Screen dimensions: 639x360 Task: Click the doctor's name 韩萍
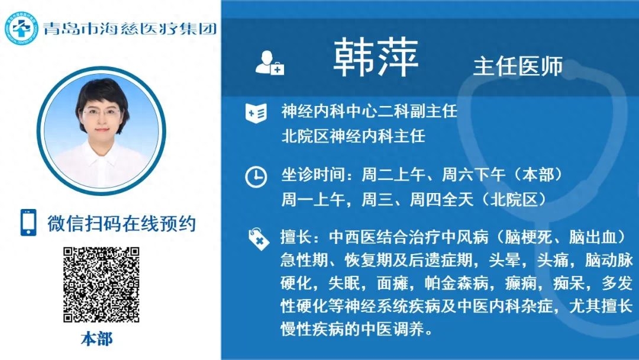coord(376,57)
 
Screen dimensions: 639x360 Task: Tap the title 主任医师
coord(518,66)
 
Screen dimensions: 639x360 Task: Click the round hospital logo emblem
coord(21,28)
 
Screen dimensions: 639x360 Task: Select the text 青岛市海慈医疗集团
coord(130,28)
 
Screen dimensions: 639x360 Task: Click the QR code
coord(101,285)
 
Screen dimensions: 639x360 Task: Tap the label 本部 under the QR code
coord(96,339)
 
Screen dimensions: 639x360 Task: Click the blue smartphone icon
coord(28,223)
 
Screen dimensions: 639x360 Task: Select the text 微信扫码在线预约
coord(121,223)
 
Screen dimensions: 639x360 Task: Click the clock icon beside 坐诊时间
coord(256,177)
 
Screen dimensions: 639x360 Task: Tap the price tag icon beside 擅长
coord(259,239)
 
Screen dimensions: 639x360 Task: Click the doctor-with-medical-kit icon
coord(269,63)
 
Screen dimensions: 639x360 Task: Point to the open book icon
coord(256,112)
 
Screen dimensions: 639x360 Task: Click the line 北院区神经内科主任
coord(353,136)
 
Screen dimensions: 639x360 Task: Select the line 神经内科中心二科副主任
coord(369,111)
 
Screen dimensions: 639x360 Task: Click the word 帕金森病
coord(456,282)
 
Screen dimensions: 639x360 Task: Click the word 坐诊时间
coord(312,175)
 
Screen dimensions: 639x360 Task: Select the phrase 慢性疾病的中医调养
coord(352,329)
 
